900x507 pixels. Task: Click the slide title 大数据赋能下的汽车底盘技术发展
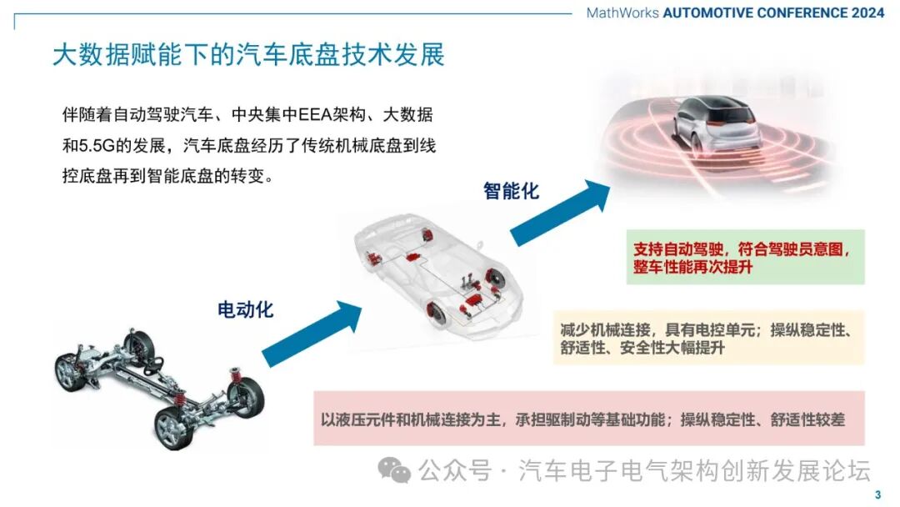click(x=248, y=55)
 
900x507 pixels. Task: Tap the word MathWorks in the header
click(x=622, y=13)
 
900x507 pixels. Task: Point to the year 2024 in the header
click(x=867, y=13)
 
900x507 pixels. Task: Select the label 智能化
click(x=511, y=191)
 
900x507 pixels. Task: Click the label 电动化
click(x=245, y=309)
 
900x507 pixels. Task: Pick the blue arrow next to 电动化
click(x=312, y=334)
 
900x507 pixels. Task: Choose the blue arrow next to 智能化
click(x=560, y=213)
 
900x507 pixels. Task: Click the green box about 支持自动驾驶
click(x=745, y=257)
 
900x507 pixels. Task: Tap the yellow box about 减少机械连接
click(x=708, y=339)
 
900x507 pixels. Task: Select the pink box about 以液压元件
click(x=589, y=419)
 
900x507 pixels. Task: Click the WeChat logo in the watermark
click(x=393, y=469)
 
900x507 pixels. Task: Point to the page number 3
click(x=877, y=495)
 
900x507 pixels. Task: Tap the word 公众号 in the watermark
click(x=455, y=470)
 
